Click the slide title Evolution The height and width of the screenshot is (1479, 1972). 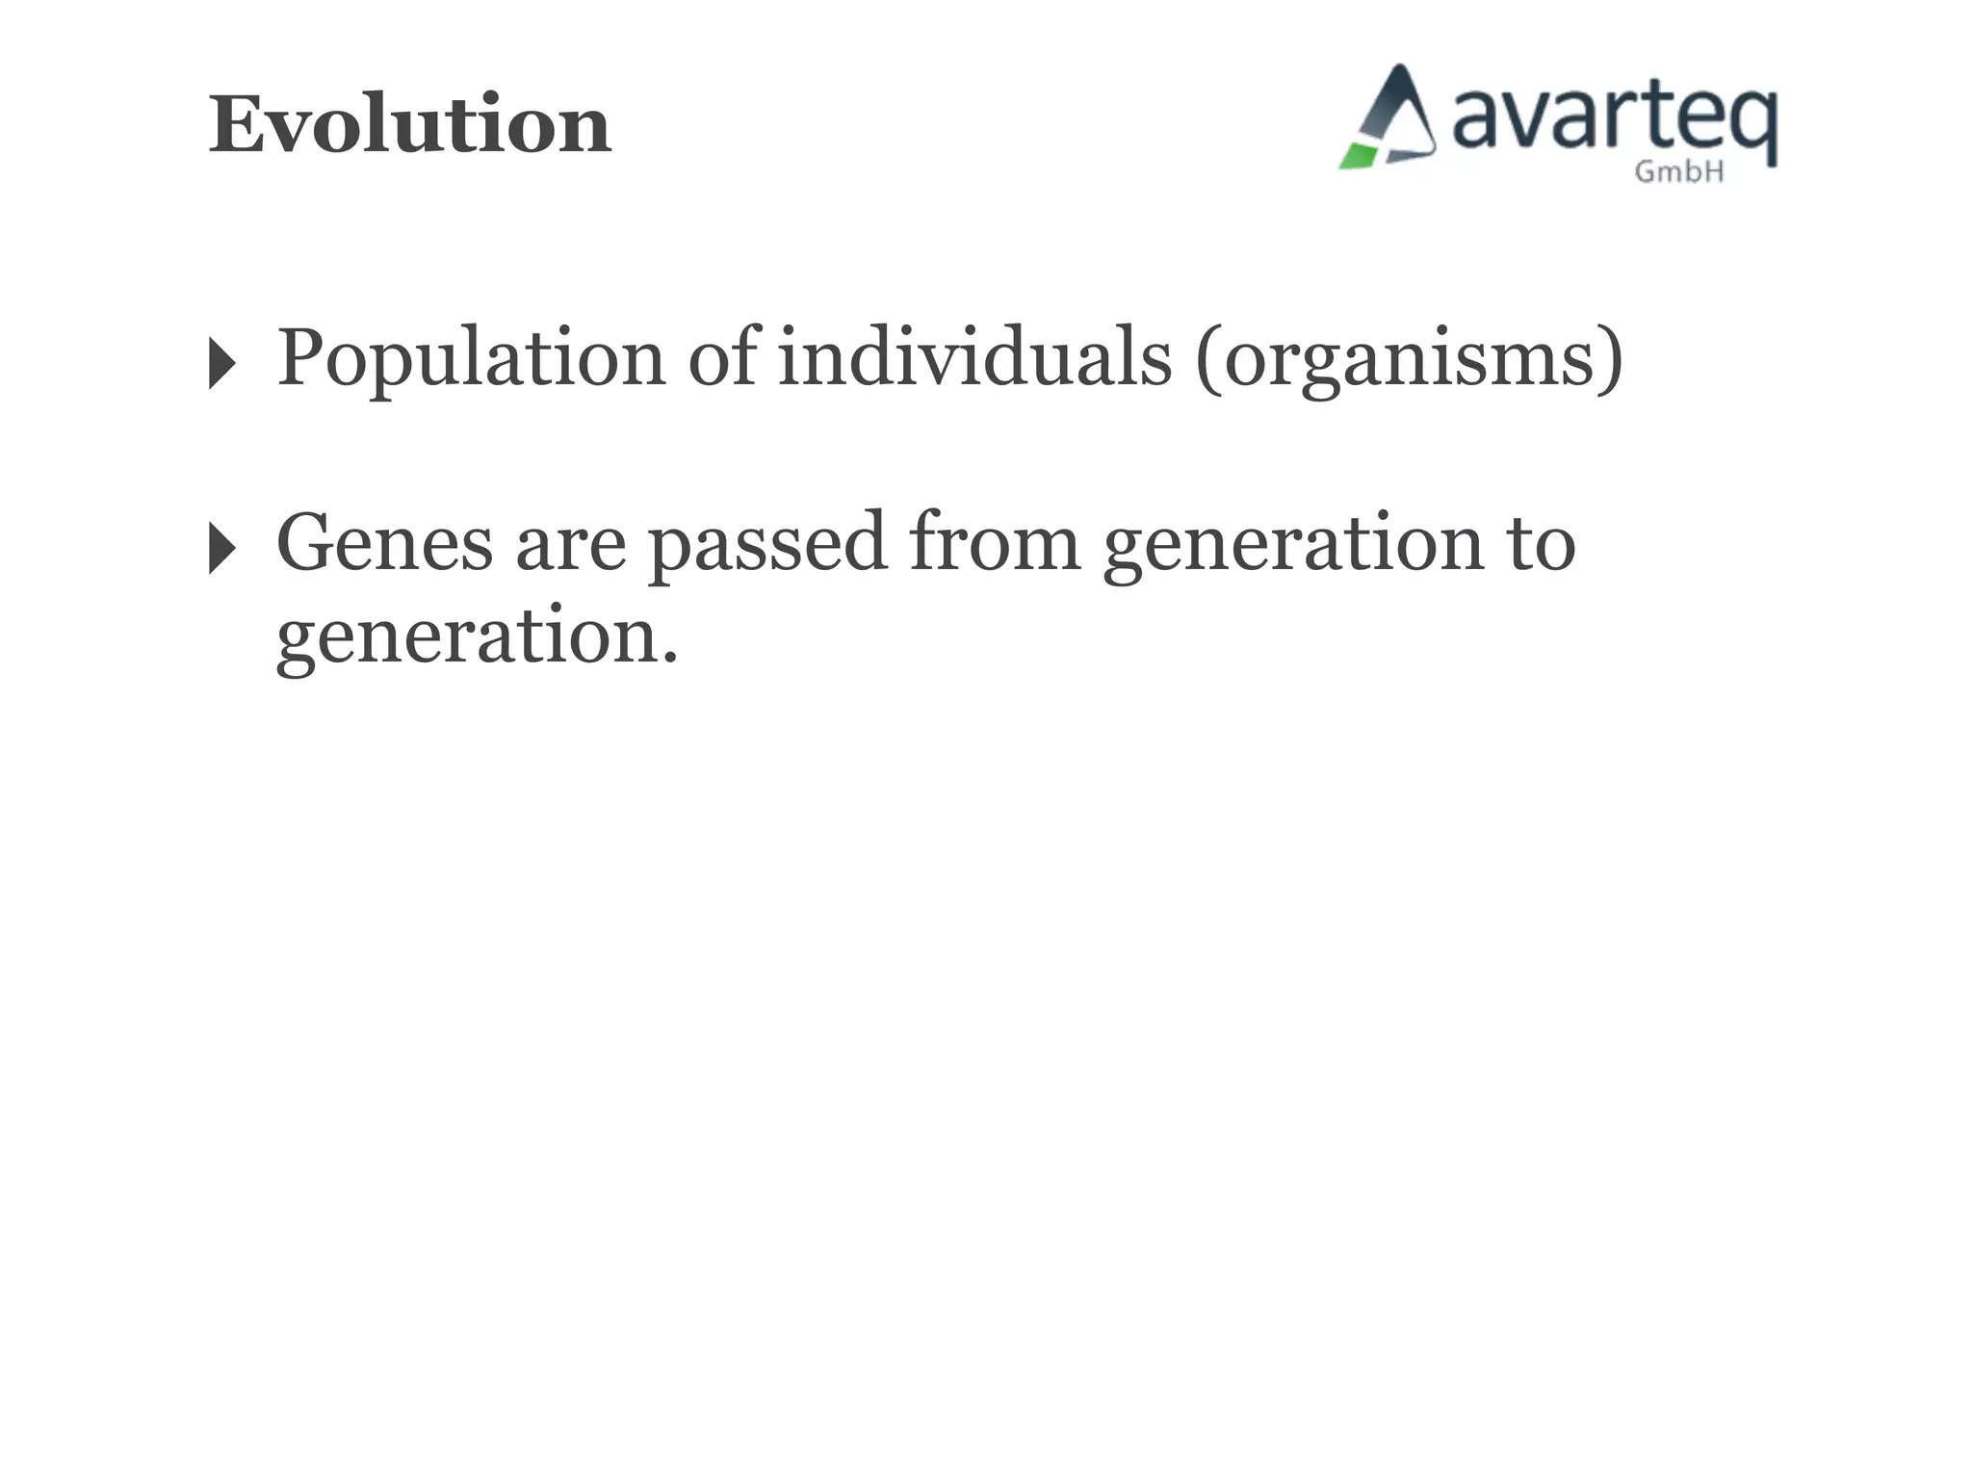pyautogui.click(x=409, y=125)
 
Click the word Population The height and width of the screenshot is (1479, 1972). pyautogui.click(x=471, y=359)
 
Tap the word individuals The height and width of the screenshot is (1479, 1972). pyautogui.click(x=974, y=357)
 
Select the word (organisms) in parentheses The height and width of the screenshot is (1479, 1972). pyautogui.click(x=1409, y=359)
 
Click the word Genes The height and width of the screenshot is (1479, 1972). pyautogui.click(x=384, y=544)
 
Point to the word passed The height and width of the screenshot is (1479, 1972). pyautogui.click(x=766, y=544)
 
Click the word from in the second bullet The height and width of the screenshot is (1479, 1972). pyautogui.click(x=995, y=542)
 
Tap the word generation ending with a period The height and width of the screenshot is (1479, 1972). pyautogui.click(x=477, y=637)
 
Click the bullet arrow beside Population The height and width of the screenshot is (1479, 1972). pyautogui.click(x=221, y=364)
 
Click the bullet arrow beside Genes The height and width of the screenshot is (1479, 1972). pyautogui.click(x=221, y=549)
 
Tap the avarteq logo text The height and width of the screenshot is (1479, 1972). pyautogui.click(x=1613, y=120)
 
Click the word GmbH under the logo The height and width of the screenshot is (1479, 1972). pyautogui.click(x=1678, y=172)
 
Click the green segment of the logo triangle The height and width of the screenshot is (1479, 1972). pyautogui.click(x=1359, y=156)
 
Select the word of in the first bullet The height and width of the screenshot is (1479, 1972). pyautogui.click(x=723, y=357)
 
